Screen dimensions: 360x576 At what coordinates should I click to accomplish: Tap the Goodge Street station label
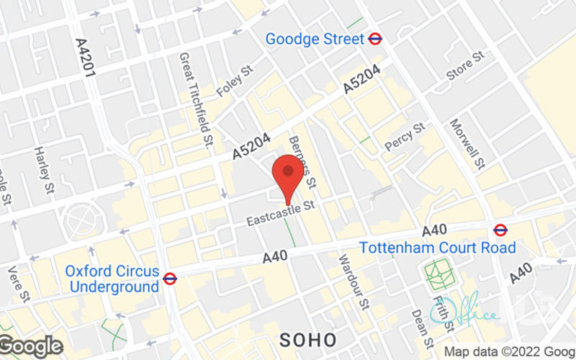coord(315,39)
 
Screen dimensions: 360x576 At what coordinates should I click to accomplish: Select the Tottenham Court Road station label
coord(438,248)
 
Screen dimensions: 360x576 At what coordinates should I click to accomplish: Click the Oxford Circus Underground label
coord(112,279)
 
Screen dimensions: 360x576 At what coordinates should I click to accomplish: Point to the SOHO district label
coord(305,338)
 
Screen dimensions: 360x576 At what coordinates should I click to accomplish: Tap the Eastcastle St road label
coord(282,215)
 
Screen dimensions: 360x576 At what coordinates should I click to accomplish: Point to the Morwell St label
coord(468,144)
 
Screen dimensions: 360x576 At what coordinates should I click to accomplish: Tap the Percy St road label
coord(405,137)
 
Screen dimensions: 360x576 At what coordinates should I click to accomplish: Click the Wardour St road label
coord(354,281)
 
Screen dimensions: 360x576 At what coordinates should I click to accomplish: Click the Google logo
coord(30,346)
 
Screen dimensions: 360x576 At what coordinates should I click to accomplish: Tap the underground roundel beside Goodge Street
coord(375,39)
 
